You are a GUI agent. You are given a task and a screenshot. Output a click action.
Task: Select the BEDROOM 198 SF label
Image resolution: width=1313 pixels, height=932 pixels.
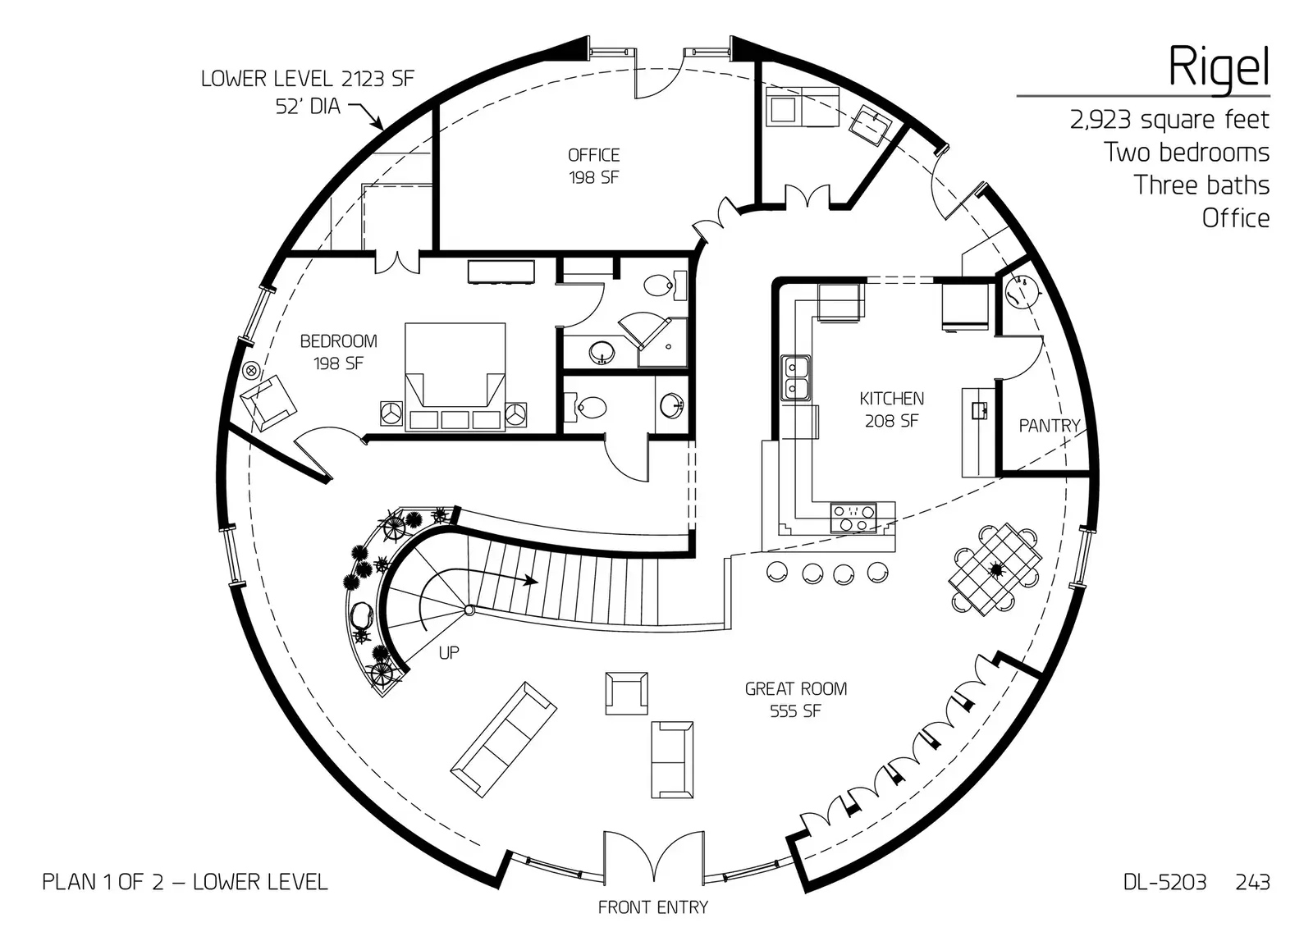tap(338, 351)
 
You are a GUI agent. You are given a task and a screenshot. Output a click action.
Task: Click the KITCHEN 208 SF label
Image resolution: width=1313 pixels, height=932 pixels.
tap(891, 409)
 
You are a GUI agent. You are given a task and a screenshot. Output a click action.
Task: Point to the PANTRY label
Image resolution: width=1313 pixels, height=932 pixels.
tap(1049, 425)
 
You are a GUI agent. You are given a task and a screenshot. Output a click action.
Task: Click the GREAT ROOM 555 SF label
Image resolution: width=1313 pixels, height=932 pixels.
tap(795, 699)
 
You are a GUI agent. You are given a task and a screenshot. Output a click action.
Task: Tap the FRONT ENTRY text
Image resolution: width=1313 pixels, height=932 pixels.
tap(652, 907)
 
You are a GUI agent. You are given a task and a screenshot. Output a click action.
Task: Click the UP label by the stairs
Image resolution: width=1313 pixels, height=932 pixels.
tap(448, 653)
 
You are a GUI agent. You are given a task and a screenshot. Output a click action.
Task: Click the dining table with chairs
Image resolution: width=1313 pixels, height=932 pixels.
tap(995, 569)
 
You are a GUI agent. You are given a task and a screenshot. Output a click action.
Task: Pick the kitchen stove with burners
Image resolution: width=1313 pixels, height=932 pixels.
tap(853, 518)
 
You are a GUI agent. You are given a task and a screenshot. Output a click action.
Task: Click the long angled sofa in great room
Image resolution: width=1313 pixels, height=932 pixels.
tap(504, 738)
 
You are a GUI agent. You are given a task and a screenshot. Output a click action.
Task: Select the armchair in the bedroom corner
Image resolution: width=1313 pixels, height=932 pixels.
tap(268, 402)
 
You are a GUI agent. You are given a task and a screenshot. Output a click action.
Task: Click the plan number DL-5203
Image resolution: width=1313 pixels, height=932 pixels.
tap(1164, 882)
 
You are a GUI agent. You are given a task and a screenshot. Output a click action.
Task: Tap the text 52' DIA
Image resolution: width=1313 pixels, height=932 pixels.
tap(309, 105)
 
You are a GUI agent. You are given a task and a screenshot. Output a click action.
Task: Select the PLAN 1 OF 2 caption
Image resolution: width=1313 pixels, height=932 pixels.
tap(185, 882)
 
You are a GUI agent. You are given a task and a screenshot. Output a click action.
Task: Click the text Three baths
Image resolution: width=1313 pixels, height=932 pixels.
tap(1201, 185)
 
